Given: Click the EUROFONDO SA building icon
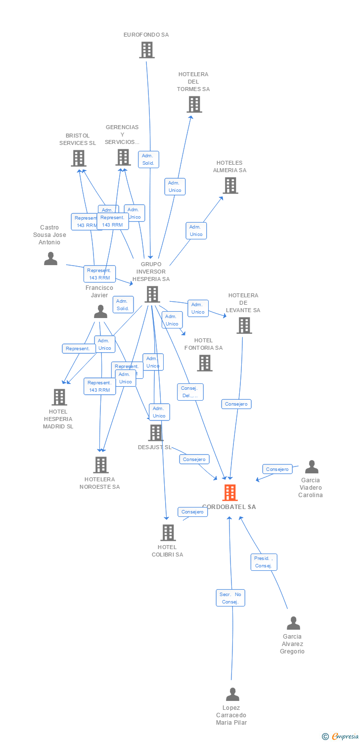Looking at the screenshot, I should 146,50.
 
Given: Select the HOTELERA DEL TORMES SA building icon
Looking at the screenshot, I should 194,104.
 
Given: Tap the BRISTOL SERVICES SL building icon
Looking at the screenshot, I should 78,158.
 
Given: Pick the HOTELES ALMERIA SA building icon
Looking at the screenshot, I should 230,185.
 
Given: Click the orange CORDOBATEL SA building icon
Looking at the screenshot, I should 229,493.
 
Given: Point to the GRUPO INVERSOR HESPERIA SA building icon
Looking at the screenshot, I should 152,294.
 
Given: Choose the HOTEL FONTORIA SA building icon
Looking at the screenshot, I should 204,363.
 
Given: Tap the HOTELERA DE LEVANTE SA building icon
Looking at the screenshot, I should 244,325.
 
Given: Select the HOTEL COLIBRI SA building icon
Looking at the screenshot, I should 168,533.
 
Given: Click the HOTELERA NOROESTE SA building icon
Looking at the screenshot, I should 101,465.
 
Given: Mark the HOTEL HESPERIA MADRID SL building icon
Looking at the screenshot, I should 59,397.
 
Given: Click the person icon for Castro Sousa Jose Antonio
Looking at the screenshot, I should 50,258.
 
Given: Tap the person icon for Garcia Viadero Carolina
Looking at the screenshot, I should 312,467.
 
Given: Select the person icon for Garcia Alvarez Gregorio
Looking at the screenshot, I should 293,623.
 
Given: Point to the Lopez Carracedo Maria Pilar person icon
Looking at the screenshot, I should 232,695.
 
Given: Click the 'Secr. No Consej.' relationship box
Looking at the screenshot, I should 230,598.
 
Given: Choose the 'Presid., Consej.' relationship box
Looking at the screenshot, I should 264,562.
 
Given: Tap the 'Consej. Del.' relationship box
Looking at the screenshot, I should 190,392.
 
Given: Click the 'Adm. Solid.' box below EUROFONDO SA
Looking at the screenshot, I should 148,159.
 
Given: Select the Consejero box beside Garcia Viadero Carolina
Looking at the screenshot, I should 277,469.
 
